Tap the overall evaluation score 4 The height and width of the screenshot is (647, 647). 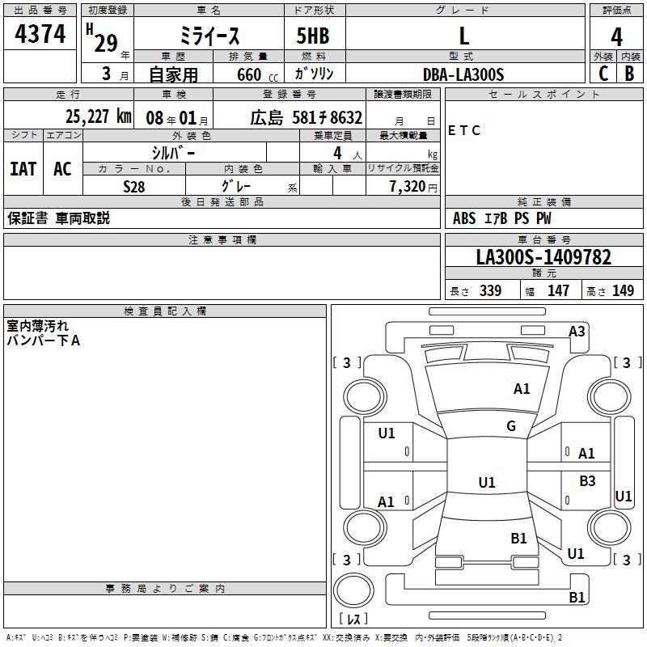coord(617,36)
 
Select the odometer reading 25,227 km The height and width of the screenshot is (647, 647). coord(98,116)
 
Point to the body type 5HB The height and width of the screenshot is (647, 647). coord(314,37)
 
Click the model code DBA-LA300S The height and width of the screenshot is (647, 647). coord(463,74)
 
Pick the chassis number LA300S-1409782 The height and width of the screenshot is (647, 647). coord(543,258)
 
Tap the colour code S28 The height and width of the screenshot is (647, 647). coord(133,185)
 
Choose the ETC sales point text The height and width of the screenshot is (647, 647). coord(464,130)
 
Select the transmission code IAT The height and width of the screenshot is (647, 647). coord(23,169)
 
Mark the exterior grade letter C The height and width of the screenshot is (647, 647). coord(603,74)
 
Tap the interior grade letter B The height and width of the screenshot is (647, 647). coord(629,74)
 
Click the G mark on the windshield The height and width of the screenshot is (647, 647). coord(511,425)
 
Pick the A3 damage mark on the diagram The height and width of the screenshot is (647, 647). coord(577,332)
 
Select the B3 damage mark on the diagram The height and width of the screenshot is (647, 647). coord(587,481)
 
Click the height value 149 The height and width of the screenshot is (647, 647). coord(623,291)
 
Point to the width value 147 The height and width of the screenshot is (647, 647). coord(558,291)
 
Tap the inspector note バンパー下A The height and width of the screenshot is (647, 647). coord(44,340)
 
